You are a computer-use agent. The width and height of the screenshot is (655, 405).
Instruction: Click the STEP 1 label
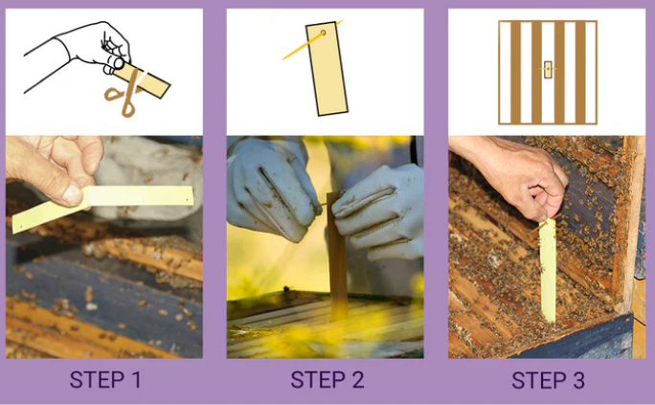[105, 380]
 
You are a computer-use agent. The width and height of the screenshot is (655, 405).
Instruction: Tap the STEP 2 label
[327, 380]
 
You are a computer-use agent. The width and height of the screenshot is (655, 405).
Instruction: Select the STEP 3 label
[548, 380]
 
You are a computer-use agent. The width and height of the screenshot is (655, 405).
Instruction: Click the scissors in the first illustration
[125, 93]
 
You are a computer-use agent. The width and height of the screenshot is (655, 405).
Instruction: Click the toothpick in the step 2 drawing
[312, 40]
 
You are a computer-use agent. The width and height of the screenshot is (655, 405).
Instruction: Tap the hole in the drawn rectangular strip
[323, 33]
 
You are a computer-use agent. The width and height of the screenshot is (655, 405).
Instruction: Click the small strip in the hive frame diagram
[548, 69]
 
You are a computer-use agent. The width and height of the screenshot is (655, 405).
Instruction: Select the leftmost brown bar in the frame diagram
[515, 72]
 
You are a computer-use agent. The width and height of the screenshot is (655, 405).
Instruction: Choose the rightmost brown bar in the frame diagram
[580, 72]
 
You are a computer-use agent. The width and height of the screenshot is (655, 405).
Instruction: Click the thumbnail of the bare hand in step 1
[73, 195]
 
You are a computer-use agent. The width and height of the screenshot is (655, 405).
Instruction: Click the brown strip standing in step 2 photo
[337, 256]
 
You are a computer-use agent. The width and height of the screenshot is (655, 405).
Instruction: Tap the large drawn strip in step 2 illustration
[327, 69]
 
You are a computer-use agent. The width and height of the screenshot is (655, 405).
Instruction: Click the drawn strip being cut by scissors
[142, 80]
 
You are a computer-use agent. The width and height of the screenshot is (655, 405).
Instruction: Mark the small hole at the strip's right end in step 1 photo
[187, 200]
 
